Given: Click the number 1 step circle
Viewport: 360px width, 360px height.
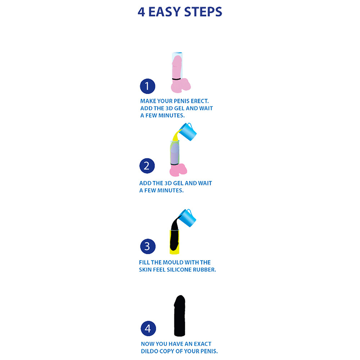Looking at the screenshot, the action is tap(148, 86).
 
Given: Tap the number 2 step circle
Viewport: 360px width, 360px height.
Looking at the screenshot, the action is tap(147, 166).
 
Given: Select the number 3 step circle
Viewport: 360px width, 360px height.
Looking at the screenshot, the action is tap(148, 246).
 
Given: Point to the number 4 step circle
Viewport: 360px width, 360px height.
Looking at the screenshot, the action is tap(148, 328).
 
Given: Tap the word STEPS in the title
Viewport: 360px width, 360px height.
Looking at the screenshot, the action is tap(203, 12).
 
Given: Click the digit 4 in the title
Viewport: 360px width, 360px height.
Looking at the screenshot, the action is tap(141, 12).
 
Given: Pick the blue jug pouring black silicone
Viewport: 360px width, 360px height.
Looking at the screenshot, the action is tap(187, 218).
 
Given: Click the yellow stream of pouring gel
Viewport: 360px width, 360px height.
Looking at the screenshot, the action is tap(176, 136).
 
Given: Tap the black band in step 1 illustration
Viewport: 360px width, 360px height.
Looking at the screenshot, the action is tap(176, 79).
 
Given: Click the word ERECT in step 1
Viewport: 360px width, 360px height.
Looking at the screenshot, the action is tap(200, 101).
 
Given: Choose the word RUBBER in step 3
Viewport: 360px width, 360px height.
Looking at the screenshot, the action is tap(204, 270).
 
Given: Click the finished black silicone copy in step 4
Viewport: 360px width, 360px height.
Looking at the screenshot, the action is tap(180, 316).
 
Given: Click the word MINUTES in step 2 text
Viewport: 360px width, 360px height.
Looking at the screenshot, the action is tap(170, 190).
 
